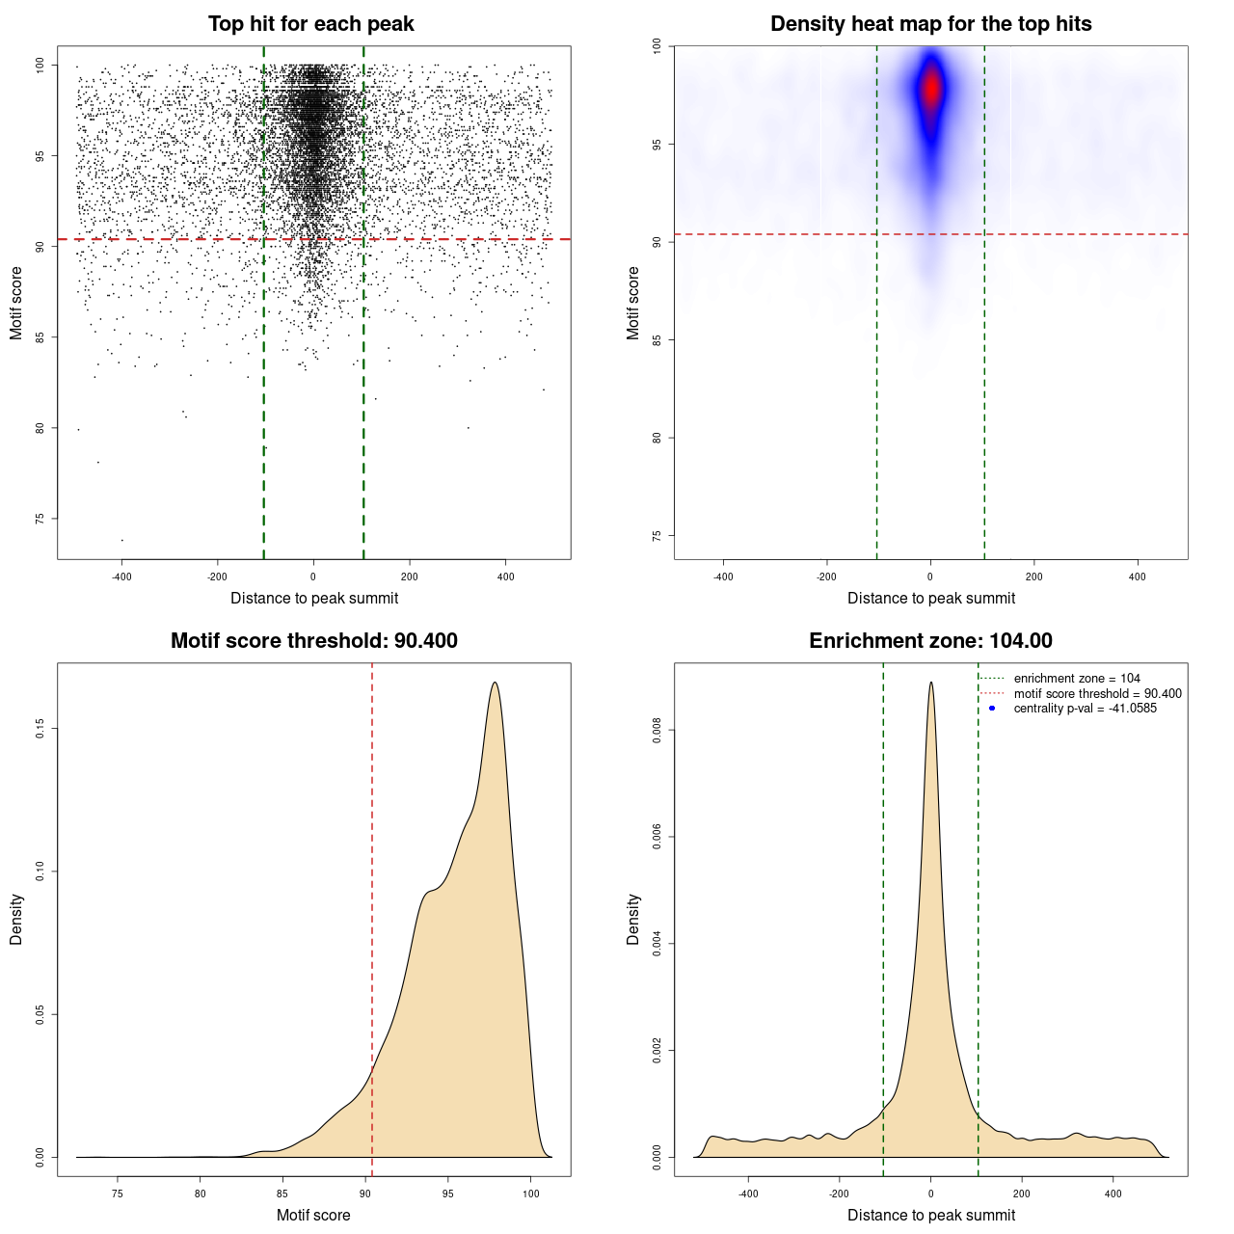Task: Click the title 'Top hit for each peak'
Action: (310, 24)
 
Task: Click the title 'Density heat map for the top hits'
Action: (930, 24)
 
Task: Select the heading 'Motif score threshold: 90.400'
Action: (313, 641)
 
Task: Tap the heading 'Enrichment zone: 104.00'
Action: (930, 641)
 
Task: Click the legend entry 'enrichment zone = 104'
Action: (1076, 679)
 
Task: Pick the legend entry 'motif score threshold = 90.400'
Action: (1097, 693)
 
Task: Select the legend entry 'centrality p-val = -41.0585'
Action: (1085, 709)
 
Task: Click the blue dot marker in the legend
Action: (992, 709)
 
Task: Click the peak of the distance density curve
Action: (930, 683)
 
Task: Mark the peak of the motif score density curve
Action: (495, 683)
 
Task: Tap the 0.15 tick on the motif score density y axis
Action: (40, 729)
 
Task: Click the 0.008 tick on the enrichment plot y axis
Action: (657, 731)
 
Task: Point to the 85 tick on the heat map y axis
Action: (657, 339)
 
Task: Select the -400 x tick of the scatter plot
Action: (121, 577)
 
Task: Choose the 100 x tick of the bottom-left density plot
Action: (531, 1194)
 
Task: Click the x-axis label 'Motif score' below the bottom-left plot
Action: (313, 1215)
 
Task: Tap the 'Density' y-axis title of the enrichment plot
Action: (633, 919)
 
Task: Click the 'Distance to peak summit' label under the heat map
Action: (930, 598)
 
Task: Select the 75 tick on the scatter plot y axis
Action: (40, 519)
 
